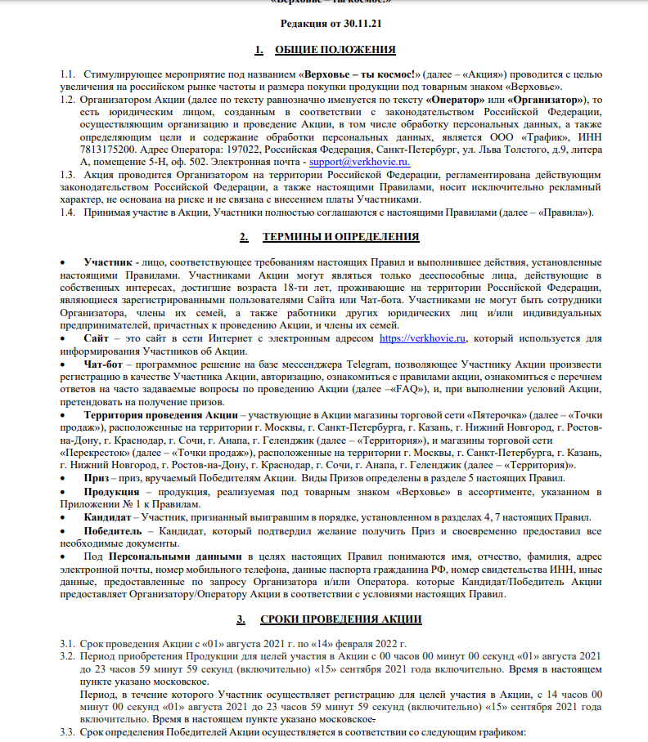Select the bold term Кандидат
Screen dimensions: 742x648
click(107, 517)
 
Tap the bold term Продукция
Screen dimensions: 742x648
click(112, 492)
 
